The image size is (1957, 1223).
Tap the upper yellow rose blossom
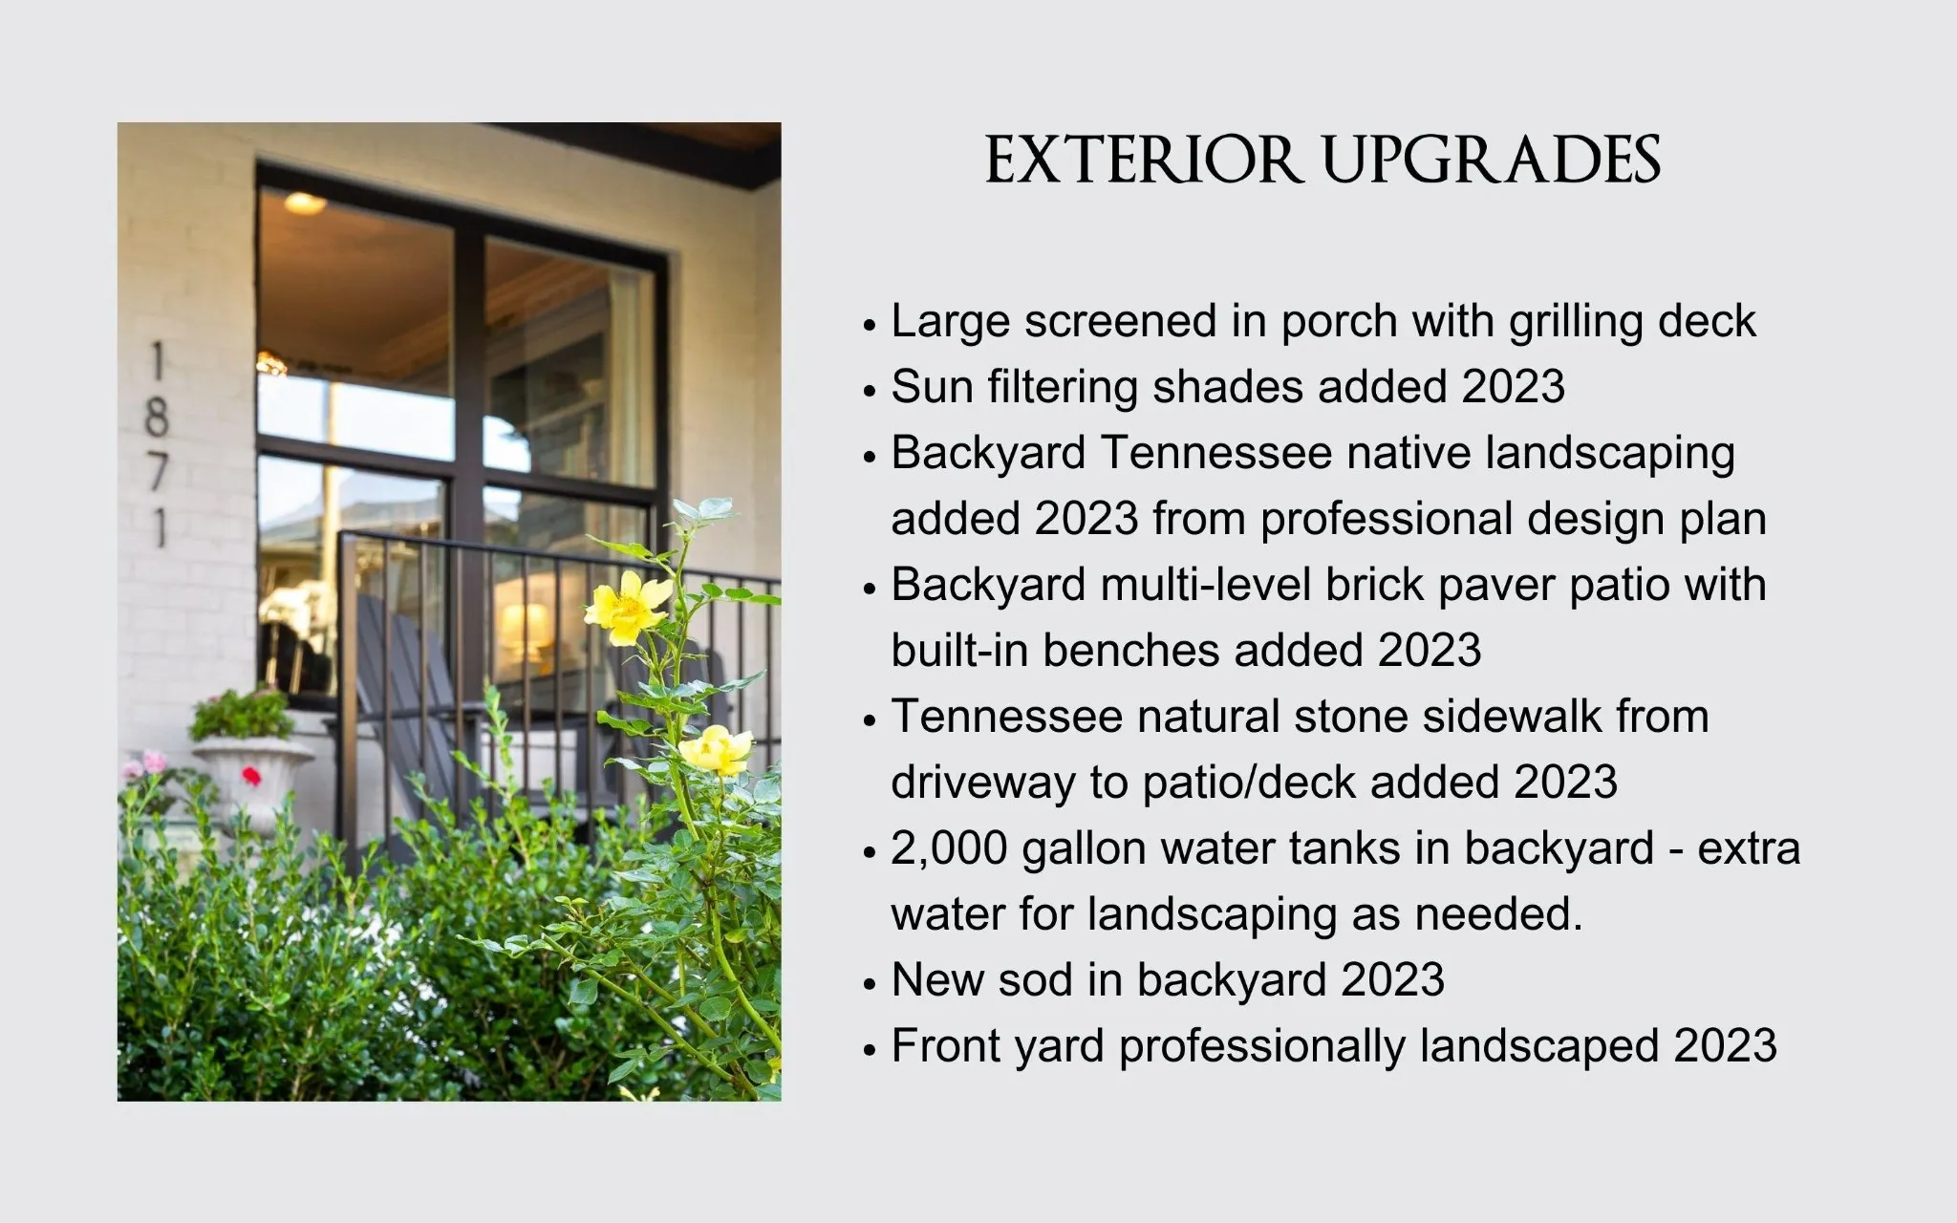coord(628,607)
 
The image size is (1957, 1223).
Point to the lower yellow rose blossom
coord(716,750)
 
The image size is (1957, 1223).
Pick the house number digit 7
coord(157,472)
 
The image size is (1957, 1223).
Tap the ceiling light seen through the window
coord(304,202)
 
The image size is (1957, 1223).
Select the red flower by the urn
coord(251,775)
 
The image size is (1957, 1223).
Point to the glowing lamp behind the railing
coord(524,625)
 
